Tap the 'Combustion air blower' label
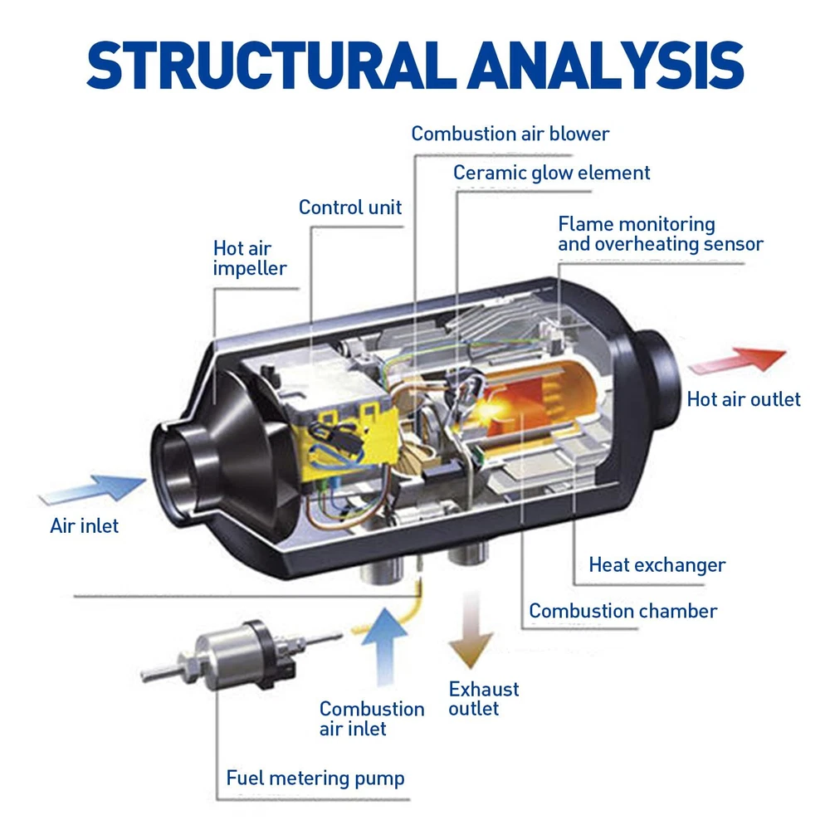point(510,133)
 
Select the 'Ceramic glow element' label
point(552,173)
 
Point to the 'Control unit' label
point(350,207)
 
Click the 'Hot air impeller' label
point(250,258)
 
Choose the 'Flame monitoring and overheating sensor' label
point(660,234)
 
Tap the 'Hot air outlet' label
point(744,399)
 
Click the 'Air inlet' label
point(85,525)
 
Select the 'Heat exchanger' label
point(657,565)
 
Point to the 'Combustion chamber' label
point(623,611)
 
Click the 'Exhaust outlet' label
point(484,699)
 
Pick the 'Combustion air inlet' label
point(372,719)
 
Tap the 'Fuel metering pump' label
point(315,778)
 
